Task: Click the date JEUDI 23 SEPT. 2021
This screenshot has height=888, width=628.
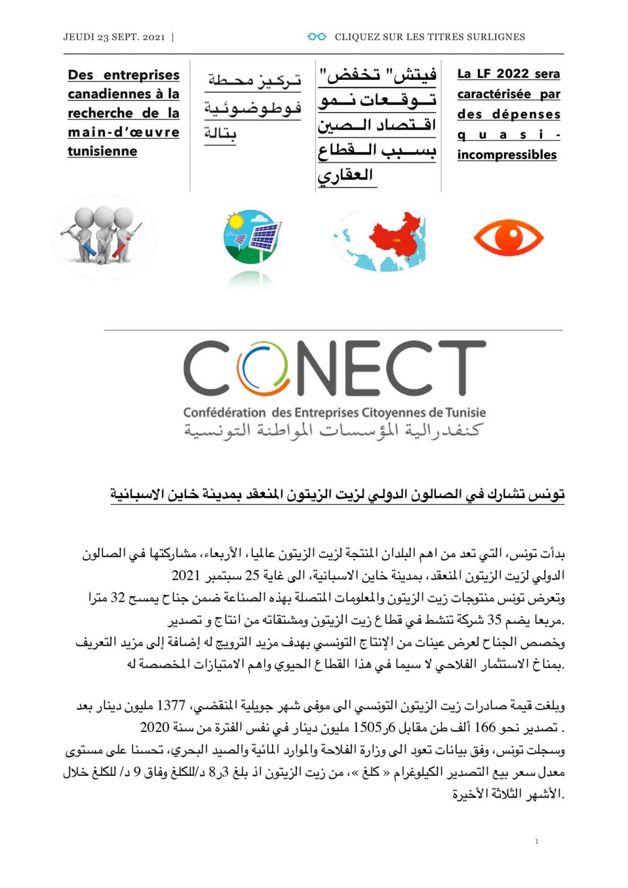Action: pos(114,37)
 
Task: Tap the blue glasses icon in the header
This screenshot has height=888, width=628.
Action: pos(317,36)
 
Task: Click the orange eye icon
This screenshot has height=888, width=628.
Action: pos(508,237)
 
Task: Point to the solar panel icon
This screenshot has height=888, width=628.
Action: pos(252,236)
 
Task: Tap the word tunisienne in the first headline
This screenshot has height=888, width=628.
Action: pos(102,151)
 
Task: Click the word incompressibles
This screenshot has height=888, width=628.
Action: pos(507,154)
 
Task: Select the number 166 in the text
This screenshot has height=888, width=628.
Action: pos(485,728)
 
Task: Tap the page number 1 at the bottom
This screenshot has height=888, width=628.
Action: pos(536,841)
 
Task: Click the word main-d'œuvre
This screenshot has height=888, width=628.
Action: pos(123,132)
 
